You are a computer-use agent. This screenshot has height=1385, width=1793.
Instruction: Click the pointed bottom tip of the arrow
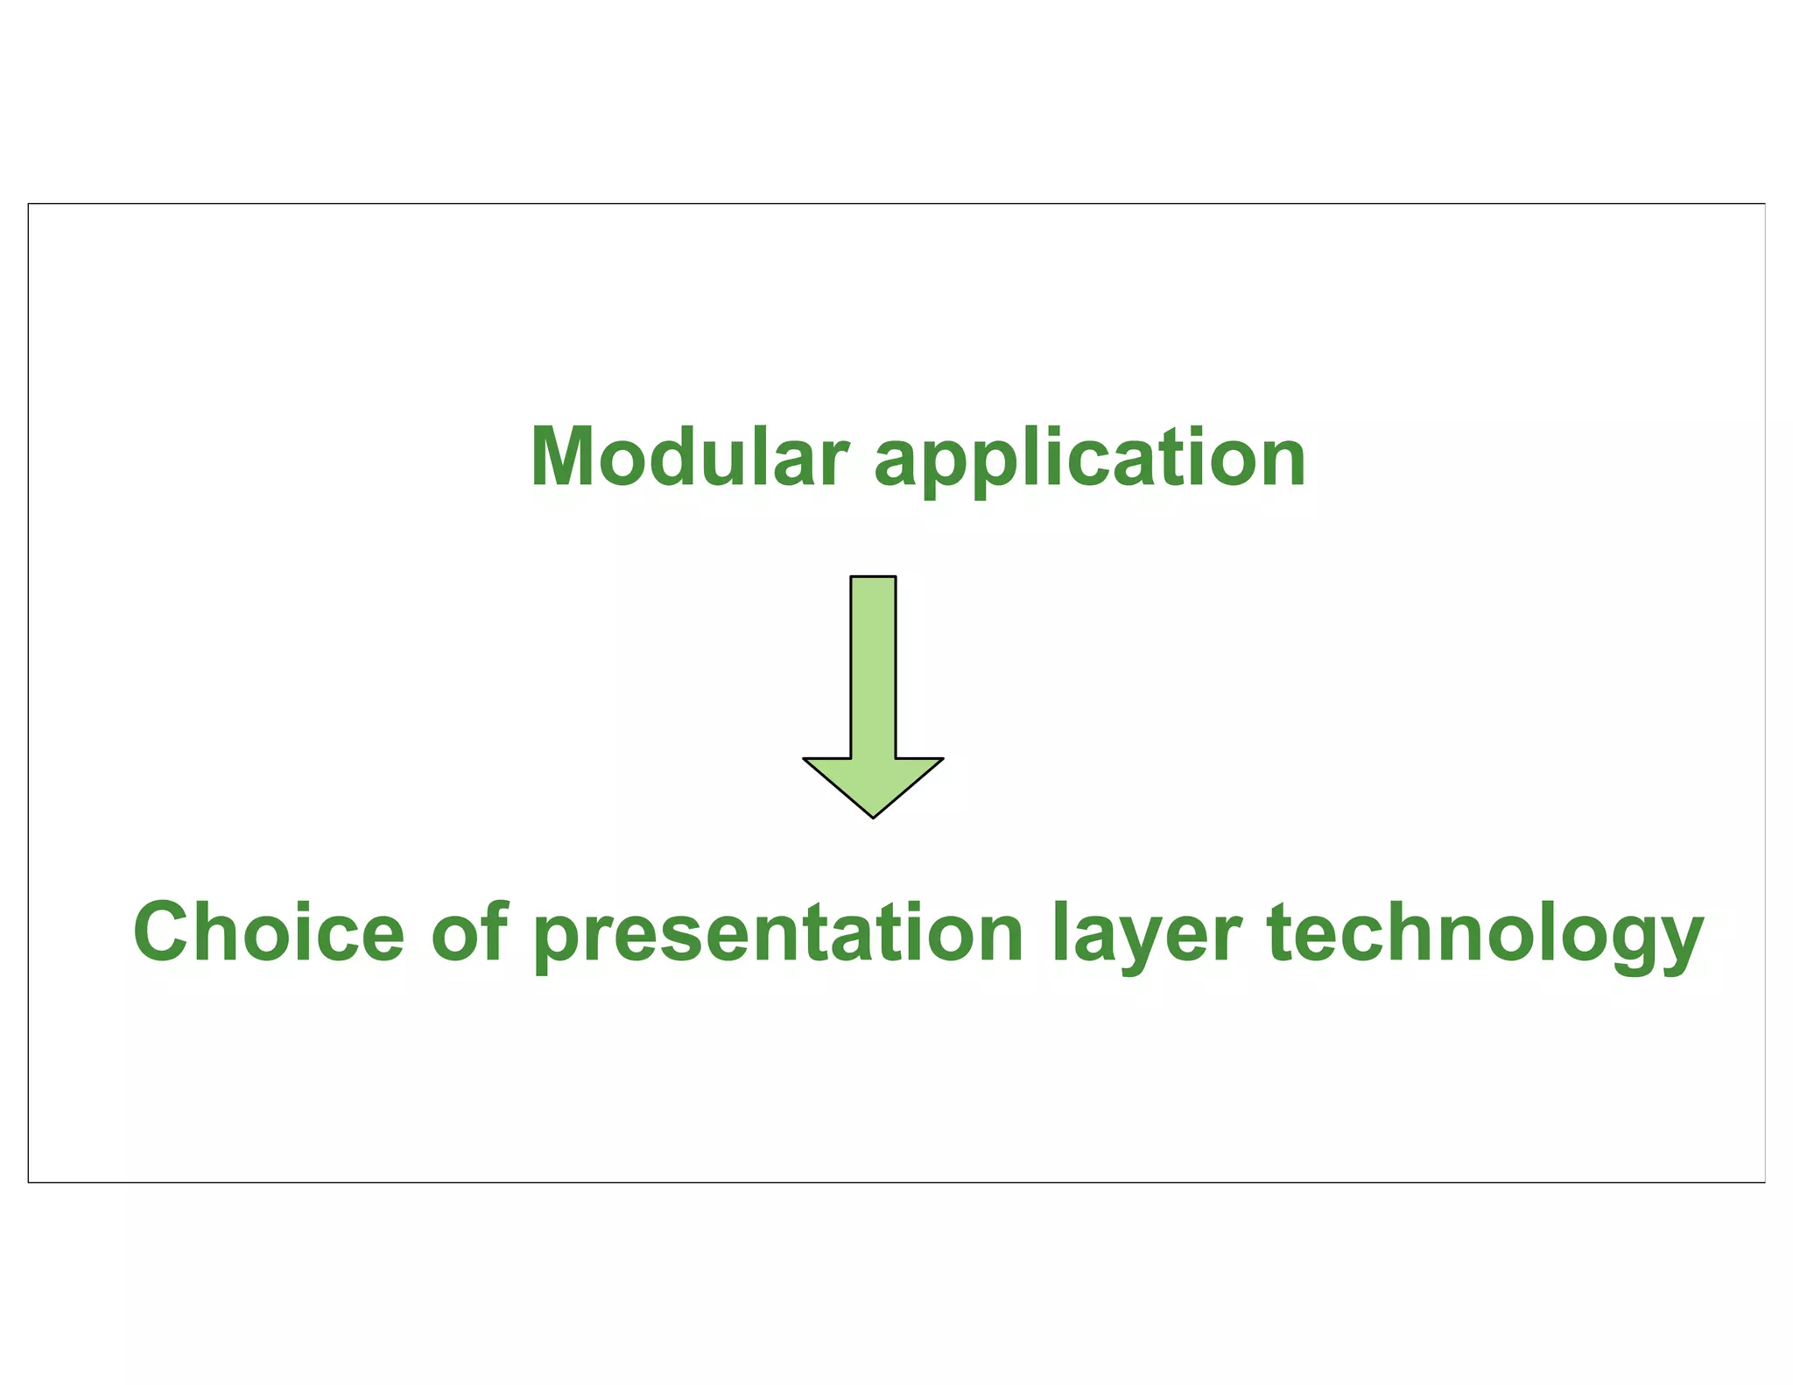tap(873, 817)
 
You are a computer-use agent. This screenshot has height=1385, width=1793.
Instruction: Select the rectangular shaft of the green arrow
tap(873, 665)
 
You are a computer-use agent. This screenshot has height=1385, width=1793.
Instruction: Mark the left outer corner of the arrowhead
tap(805, 759)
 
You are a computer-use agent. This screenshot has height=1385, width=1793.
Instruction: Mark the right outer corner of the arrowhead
tap(942, 759)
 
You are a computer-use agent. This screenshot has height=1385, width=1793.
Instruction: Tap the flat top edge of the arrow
tap(873, 577)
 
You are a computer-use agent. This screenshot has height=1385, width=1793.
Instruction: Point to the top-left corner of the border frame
tap(29, 204)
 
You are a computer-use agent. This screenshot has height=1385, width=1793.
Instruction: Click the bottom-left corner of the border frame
tap(29, 1182)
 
